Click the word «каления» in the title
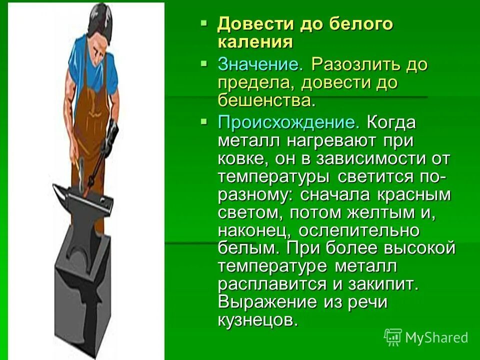tap(255, 41)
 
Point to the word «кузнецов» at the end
tap(258, 320)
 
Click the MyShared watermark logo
tap(425, 337)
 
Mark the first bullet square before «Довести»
tap(203, 23)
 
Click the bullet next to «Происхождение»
tap(203, 121)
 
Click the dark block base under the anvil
tap(83, 290)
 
